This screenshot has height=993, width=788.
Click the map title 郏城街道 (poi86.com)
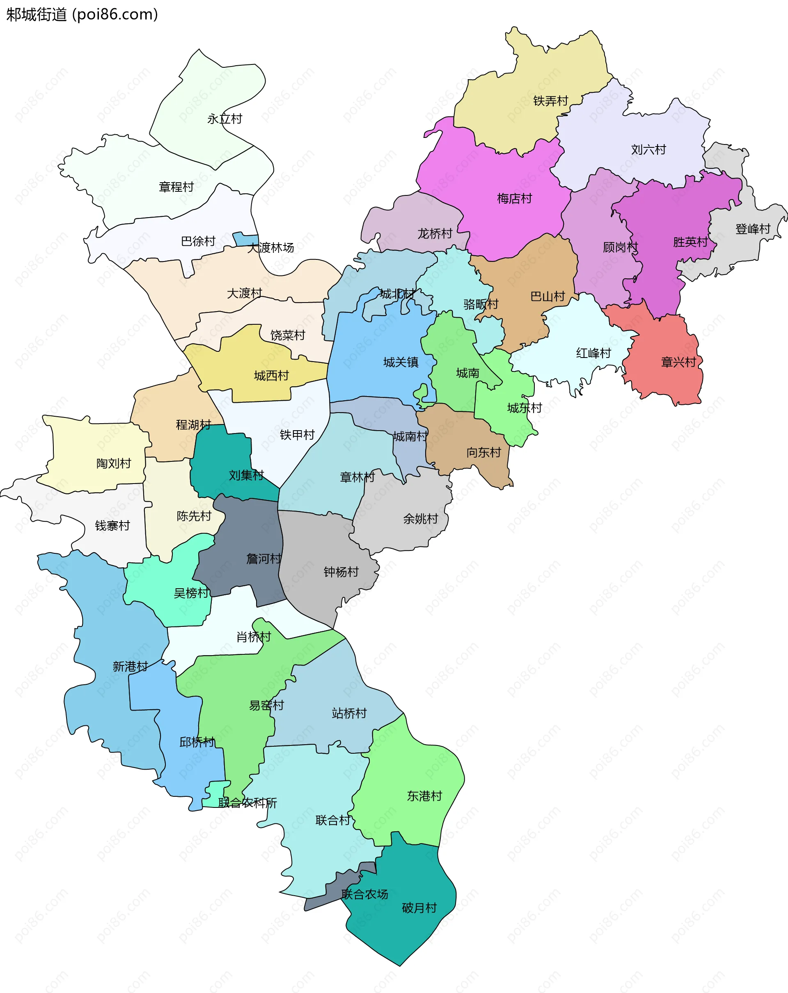coord(82,15)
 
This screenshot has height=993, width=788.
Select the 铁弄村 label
coord(550,101)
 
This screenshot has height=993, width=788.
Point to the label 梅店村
coord(514,199)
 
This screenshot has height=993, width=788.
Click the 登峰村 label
coord(753,229)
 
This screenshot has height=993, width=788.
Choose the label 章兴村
coord(678,362)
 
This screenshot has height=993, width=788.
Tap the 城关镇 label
coord(401,362)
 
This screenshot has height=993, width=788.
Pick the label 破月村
coord(419,908)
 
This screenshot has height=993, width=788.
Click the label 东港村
coord(424,796)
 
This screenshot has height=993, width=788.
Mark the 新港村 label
coord(131,667)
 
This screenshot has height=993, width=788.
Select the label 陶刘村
coord(114,463)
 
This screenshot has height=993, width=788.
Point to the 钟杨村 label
coord(341,572)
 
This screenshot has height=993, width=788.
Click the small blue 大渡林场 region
coord(245,239)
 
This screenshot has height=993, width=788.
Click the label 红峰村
coord(593,353)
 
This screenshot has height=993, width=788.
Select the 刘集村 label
coord(246,475)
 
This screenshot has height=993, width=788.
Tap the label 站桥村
coord(349,713)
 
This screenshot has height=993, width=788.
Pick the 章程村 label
coord(176,187)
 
